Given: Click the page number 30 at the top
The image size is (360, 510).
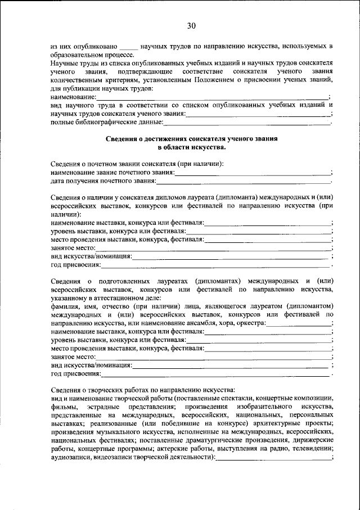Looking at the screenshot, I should pyautogui.click(x=191, y=25).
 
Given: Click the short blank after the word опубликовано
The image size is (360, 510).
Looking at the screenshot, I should pyautogui.click(x=129, y=47).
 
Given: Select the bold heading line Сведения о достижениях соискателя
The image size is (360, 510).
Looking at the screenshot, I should pyautogui.click(x=191, y=138).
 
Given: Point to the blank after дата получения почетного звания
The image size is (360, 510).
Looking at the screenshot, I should pyautogui.click(x=243, y=181).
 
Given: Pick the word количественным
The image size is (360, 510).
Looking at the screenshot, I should pyautogui.click(x=77, y=80).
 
